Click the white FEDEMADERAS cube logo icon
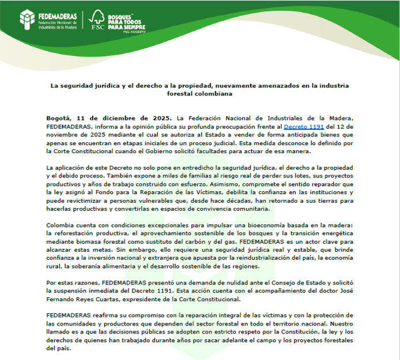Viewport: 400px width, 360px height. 28,19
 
